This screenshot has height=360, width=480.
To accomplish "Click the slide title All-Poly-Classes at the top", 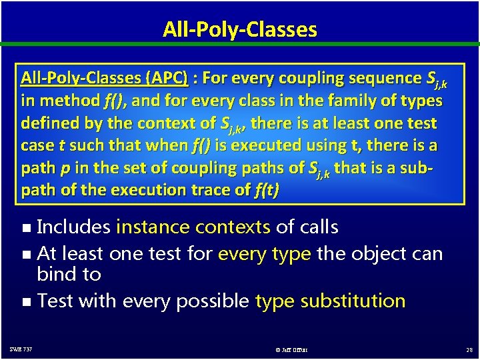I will coord(239,29).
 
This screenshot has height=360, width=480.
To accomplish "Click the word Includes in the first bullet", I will coord(73,227).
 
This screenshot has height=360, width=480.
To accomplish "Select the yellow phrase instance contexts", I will coord(193,227).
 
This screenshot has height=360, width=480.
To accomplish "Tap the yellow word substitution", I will coord(353,301).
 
